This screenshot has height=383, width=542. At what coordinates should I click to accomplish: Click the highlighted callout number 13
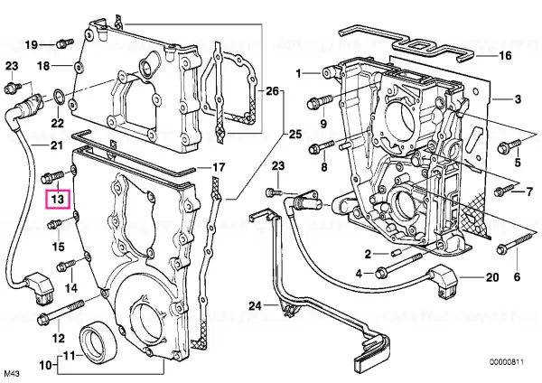click(x=58, y=199)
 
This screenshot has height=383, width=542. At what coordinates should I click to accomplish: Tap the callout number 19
click(x=32, y=44)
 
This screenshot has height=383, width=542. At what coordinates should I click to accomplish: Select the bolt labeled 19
click(x=64, y=43)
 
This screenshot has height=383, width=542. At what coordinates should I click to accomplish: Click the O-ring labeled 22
click(x=58, y=96)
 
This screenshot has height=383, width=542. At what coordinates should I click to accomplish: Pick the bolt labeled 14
click(x=66, y=265)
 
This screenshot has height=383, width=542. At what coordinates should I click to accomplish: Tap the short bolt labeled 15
click(x=54, y=224)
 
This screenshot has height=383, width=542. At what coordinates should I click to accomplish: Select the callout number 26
click(x=272, y=91)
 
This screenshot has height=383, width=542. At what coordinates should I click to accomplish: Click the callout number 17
click(x=218, y=168)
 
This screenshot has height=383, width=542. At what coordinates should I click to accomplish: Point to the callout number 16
click(x=505, y=55)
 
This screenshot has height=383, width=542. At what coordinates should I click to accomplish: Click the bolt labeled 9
click(x=320, y=101)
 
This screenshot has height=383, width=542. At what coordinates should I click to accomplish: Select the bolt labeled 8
click(x=321, y=146)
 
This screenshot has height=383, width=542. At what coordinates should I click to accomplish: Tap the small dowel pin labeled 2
click(x=396, y=253)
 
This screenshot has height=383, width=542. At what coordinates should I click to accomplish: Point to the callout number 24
click(x=255, y=305)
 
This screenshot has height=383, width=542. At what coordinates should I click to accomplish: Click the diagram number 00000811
click(x=507, y=362)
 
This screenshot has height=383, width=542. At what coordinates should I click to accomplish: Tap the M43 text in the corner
click(x=11, y=374)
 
